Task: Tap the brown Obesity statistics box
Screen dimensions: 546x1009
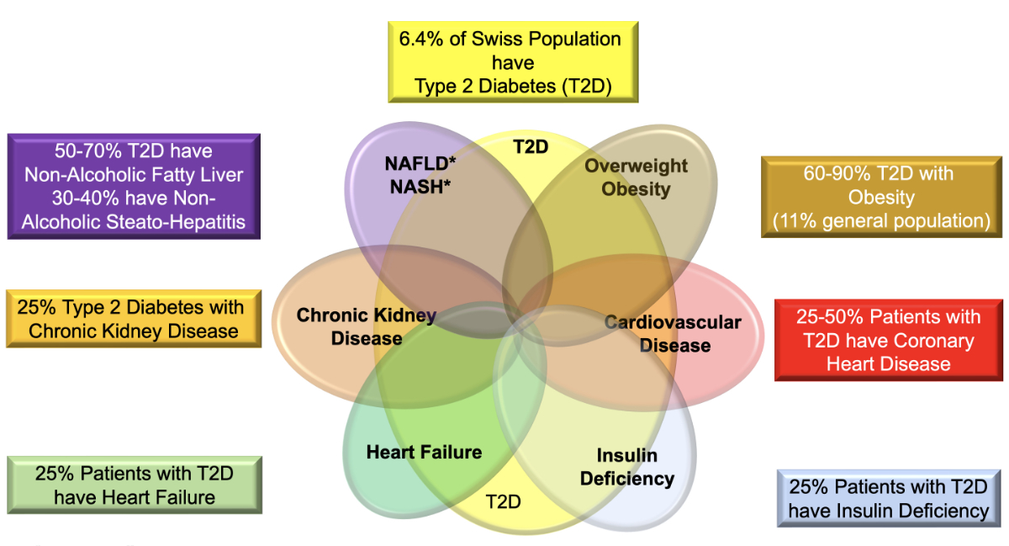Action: [880, 197]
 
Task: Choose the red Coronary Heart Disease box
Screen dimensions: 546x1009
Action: [889, 340]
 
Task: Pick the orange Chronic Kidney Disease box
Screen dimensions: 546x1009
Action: [134, 318]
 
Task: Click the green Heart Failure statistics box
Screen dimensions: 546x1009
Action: [134, 485]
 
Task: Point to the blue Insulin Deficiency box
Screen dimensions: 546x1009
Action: [889, 498]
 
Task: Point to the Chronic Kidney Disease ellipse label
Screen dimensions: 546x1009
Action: [367, 326]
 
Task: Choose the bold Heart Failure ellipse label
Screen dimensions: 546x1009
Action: [424, 452]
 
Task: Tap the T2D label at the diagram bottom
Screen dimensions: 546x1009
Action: [503, 502]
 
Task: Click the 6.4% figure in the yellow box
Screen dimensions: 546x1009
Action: [423, 39]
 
